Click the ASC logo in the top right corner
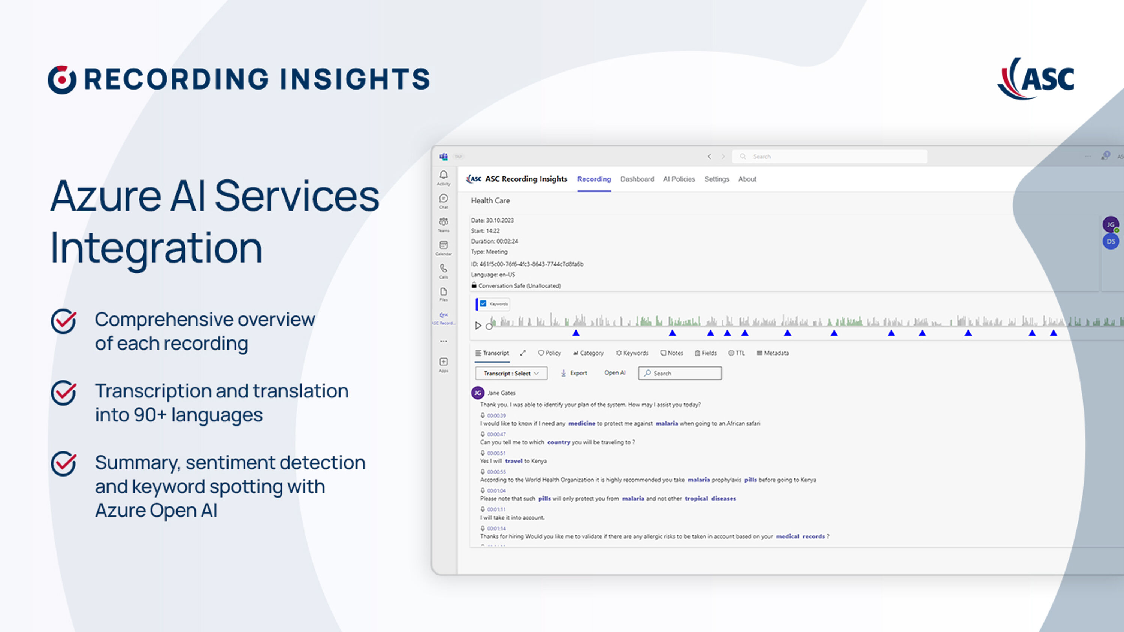pos(1036,79)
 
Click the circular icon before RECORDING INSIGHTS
pos(62,79)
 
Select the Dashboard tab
pos(637,179)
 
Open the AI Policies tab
pos(679,179)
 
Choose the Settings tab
pos(716,179)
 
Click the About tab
pos(747,179)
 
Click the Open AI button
pos(614,372)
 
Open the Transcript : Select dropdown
pos(511,374)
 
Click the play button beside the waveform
pos(478,326)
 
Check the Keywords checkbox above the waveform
pos(483,303)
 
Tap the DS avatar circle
pos(1111,241)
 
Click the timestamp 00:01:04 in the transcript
pos(496,491)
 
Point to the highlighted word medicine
pos(581,423)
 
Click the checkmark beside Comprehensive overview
pos(64,321)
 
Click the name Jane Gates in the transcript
pos(501,393)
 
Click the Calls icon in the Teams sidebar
pos(443,270)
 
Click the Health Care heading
pos(490,201)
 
